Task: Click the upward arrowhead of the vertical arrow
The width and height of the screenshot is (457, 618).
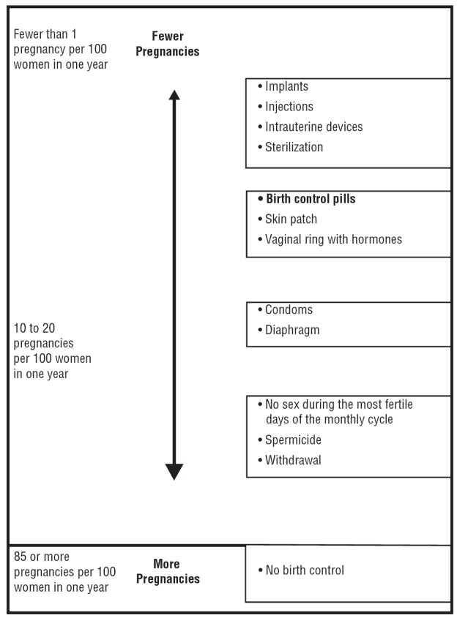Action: point(174,96)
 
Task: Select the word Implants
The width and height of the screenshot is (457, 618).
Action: point(286,86)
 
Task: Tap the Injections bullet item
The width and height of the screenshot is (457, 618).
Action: point(289,107)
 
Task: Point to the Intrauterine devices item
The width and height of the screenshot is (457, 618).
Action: point(313,127)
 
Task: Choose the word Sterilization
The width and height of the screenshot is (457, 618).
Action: point(294,147)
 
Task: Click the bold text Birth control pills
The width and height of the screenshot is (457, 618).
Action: point(311,199)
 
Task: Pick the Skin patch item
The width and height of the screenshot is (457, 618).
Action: point(291,219)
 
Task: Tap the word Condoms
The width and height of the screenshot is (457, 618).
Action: point(289,310)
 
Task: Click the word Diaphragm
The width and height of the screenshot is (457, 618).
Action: point(292,330)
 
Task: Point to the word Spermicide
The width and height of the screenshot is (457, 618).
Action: point(293,440)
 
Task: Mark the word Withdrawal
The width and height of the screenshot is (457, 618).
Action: point(293,461)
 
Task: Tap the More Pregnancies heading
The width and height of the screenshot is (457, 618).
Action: point(167,571)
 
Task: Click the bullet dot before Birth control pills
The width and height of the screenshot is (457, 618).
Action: point(260,199)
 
